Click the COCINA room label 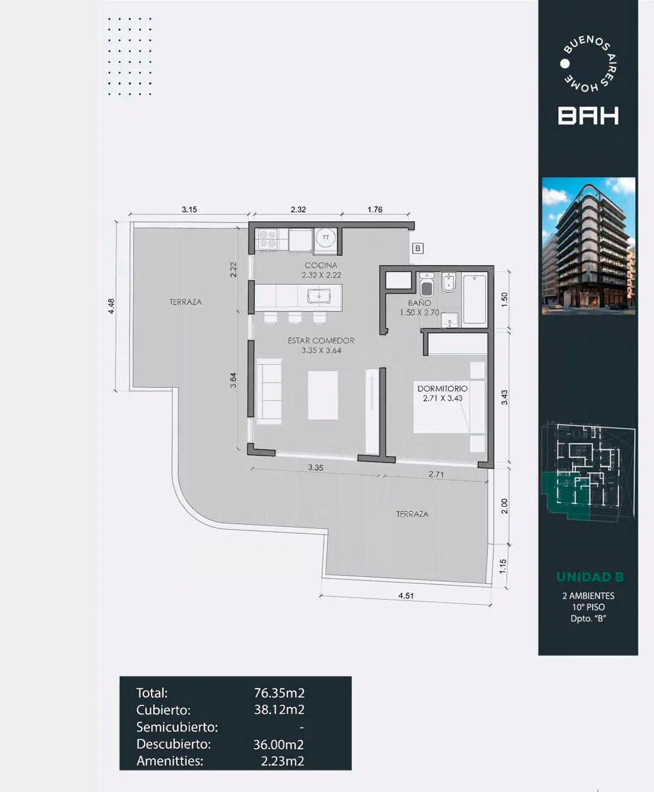tap(321, 265)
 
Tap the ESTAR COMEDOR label tap(321, 340)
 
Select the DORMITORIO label tap(442, 389)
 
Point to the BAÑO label tap(419, 303)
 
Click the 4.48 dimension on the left tap(111, 306)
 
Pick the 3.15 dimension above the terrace tap(189, 210)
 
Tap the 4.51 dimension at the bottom tap(406, 596)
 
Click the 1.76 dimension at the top tap(375, 210)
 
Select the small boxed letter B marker tap(418, 248)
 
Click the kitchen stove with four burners tap(267, 239)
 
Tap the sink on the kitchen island tap(319, 296)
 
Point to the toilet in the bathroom tap(427, 285)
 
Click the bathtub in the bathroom tap(474, 300)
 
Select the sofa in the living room tap(269, 392)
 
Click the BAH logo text tap(588, 116)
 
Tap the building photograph tap(589, 246)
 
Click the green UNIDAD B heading tap(590, 577)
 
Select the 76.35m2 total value tap(279, 693)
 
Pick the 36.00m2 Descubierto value tap(278, 744)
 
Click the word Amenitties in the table tap(170, 760)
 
